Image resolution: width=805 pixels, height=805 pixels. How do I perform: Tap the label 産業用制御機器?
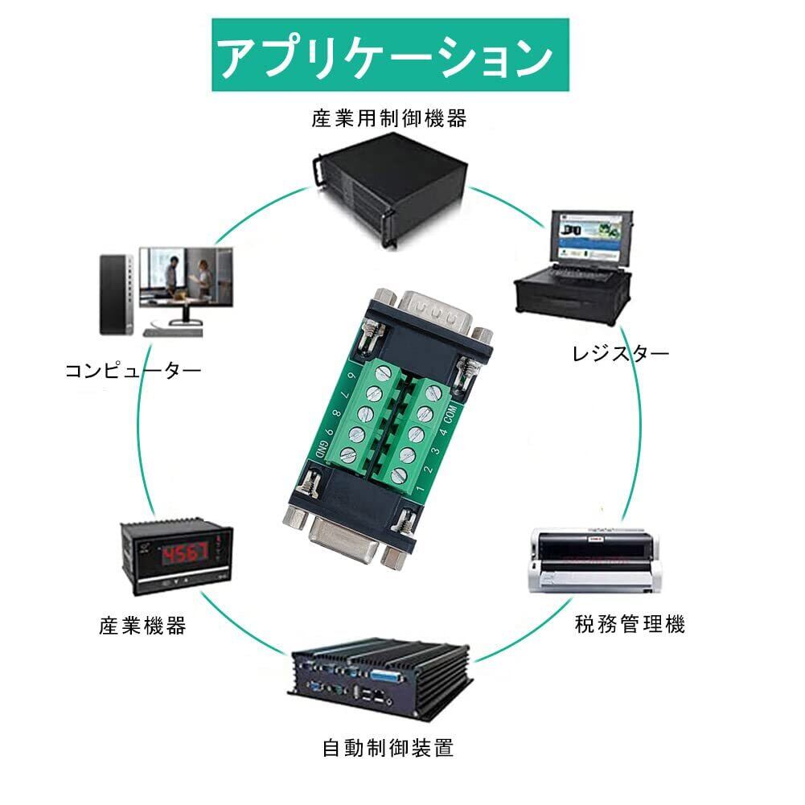click(x=389, y=120)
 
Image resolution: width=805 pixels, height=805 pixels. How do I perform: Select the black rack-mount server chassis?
click(x=389, y=189)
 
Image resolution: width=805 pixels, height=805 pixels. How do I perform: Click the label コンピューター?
click(x=133, y=370)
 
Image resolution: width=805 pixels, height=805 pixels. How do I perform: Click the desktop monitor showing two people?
click(x=186, y=278)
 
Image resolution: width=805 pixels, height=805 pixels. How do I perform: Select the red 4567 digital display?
click(x=184, y=552)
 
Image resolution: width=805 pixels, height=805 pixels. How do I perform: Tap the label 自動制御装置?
click(x=388, y=749)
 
